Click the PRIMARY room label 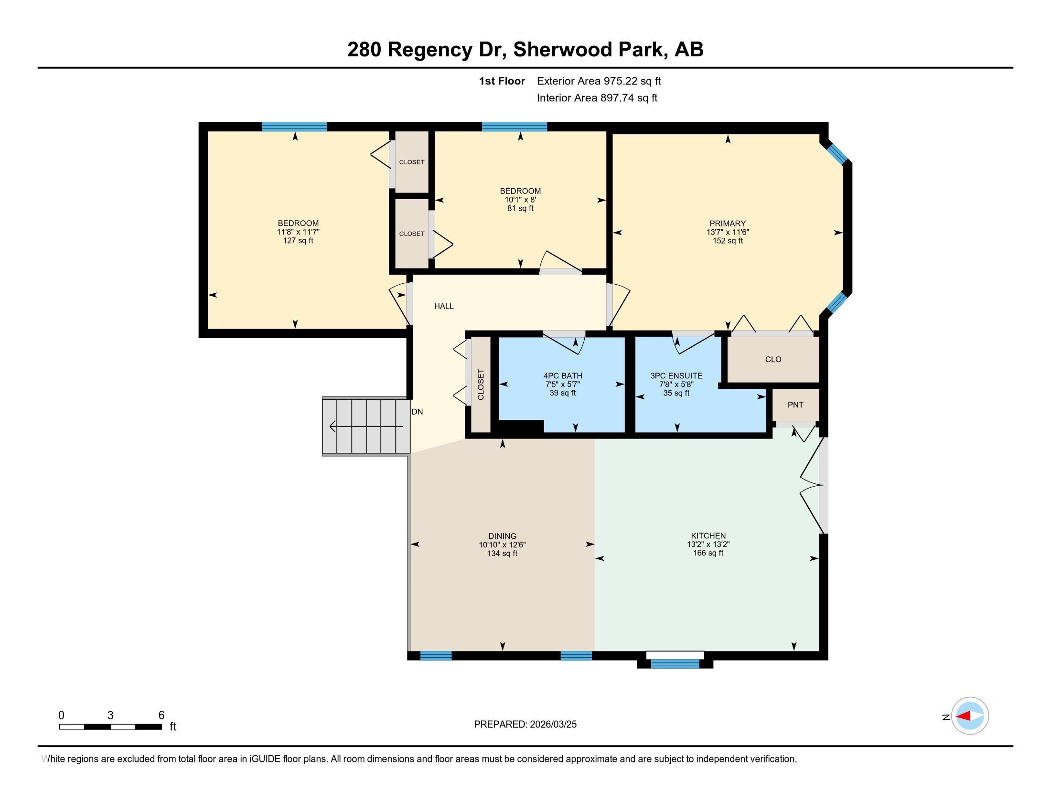click(727, 223)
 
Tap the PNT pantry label click(795, 405)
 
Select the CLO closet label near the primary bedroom click(773, 359)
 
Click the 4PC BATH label click(563, 376)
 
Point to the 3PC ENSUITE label click(676, 376)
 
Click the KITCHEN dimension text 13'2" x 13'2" click(708, 545)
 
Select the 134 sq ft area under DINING click(502, 553)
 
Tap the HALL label click(444, 306)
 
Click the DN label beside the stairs click(417, 412)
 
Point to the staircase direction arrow click(366, 426)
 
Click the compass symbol click(970, 716)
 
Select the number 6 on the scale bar click(161, 716)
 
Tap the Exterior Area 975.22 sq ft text click(599, 81)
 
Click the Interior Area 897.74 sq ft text click(597, 97)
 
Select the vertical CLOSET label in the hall click(480, 385)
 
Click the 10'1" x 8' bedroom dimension click(520, 200)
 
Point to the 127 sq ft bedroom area click(298, 240)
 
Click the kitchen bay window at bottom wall click(675, 664)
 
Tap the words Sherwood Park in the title click(590, 50)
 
